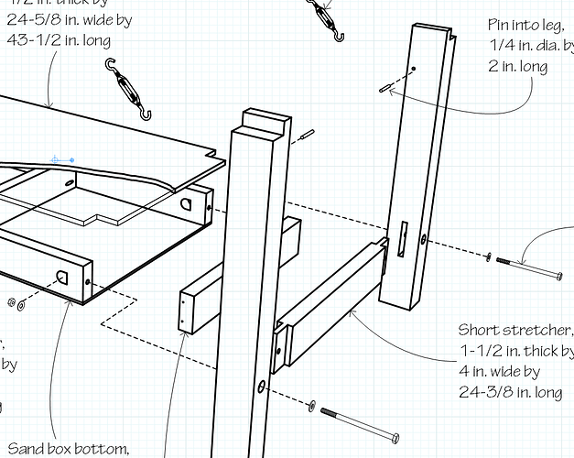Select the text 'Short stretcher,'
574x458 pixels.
pyautogui.click(x=515, y=330)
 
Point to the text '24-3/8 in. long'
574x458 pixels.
pyautogui.click(x=510, y=393)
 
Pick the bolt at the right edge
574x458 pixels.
pyautogui.click(x=530, y=267)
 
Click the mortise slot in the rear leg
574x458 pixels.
pyautogui.click(x=401, y=238)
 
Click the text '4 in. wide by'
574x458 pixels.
pyautogui.click(x=500, y=372)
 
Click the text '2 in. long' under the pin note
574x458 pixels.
pyautogui.click(x=519, y=66)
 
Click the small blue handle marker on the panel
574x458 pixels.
pyautogui.click(x=62, y=159)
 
